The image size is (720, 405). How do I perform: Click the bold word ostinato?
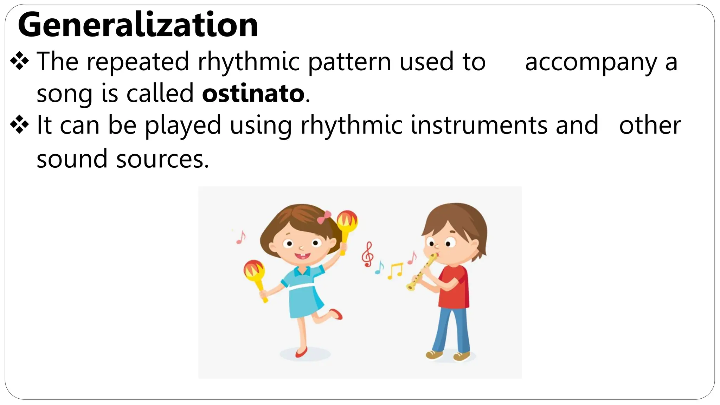(253, 94)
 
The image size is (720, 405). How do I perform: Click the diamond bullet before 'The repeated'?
(20, 61)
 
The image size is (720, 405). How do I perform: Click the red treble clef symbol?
(368, 254)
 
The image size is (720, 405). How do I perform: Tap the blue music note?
(379, 268)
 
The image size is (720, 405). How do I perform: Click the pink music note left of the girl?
(241, 237)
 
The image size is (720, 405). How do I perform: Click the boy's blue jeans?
(452, 329)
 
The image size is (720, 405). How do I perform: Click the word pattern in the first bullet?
(350, 62)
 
